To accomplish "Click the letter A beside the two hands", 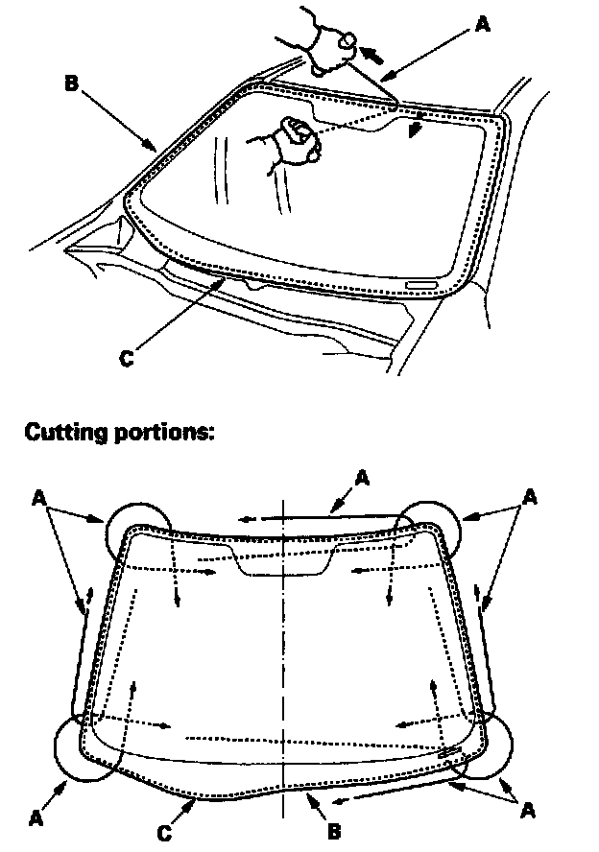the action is (x=482, y=24).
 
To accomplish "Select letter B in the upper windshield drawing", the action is (x=71, y=83).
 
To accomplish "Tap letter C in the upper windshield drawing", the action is (x=127, y=359).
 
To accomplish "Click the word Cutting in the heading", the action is (x=65, y=431).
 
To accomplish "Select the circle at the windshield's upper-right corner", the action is (x=429, y=530).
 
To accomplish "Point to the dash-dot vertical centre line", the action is (x=283, y=672).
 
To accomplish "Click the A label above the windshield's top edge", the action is (x=361, y=475).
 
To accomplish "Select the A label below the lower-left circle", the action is (x=36, y=818).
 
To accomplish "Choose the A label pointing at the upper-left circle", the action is (x=38, y=497).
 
